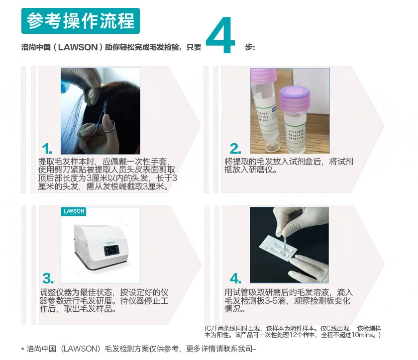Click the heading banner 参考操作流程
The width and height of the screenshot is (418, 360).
click(81, 21)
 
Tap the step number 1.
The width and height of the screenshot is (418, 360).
click(47, 148)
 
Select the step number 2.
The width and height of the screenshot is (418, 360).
click(235, 148)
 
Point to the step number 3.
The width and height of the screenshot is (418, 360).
click(48, 278)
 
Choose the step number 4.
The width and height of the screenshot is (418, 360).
click(235, 278)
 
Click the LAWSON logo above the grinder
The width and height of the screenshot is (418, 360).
click(75, 212)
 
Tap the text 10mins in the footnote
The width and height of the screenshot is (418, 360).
click(368, 335)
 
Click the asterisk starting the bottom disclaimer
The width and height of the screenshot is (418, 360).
click(22, 350)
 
